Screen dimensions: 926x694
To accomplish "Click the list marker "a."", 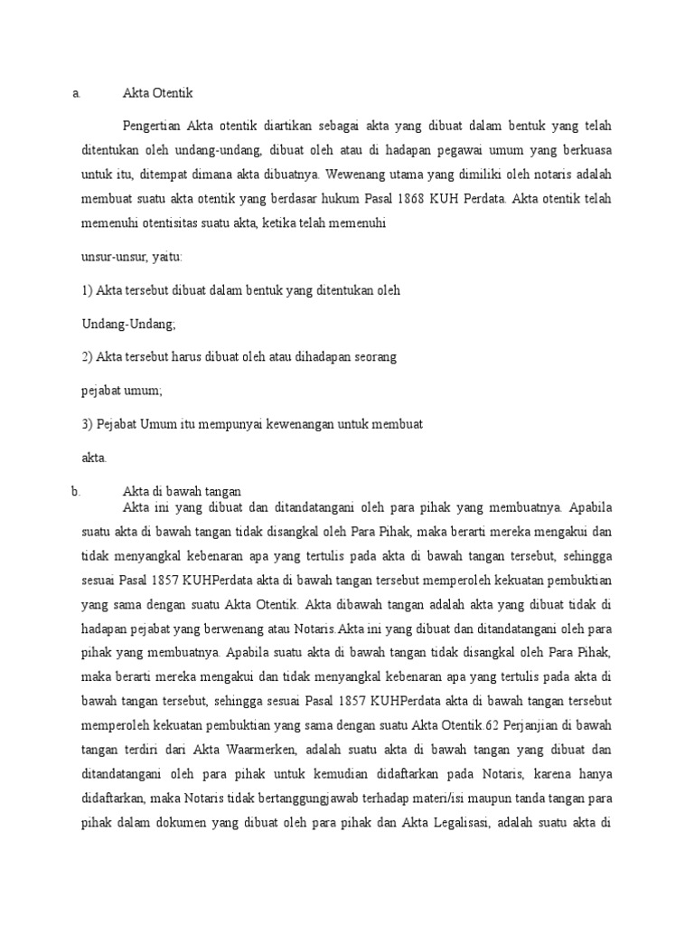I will [77, 92].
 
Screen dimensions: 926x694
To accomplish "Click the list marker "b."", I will [76, 491].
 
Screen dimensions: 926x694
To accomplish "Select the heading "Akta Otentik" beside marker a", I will [158, 92].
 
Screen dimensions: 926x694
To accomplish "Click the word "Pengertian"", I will [151, 125].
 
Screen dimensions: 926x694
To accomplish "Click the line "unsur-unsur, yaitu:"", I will [132, 257].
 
